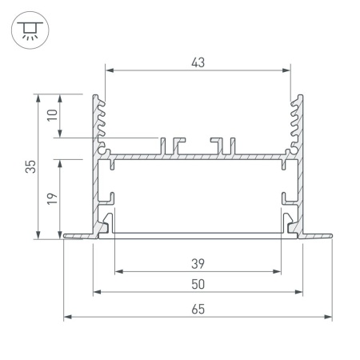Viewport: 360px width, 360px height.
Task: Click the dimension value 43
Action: tap(198, 62)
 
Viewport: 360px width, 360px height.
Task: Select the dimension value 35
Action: tap(30, 166)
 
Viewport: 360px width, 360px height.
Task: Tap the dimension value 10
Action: tap(52, 115)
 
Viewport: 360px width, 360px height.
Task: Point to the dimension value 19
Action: tap(52, 198)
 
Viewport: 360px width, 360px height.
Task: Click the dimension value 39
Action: tap(198, 264)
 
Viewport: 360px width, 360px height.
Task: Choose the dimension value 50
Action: tap(198, 284)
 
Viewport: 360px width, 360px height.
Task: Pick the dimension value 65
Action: tap(198, 310)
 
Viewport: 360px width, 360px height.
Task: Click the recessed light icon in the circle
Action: tap(30, 30)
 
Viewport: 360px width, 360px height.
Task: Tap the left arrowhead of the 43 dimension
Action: tap(110, 70)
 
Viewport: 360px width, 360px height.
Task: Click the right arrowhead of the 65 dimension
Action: tap(328, 317)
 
